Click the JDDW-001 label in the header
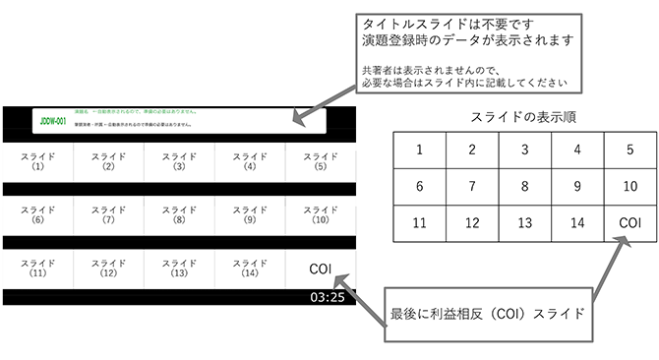click(53, 122)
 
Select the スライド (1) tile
click(37, 161)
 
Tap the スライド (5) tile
click(321, 161)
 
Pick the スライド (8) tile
click(179, 214)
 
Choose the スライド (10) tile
click(321, 214)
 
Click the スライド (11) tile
click(37, 269)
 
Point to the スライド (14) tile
click(250, 269)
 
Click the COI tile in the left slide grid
click(321, 269)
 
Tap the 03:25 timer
click(327, 296)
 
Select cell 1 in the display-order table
click(420, 150)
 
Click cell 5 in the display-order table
click(629, 150)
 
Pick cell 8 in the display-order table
click(524, 186)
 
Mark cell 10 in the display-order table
click(629, 186)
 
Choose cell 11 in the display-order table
click(420, 223)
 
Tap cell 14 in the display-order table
click(576, 223)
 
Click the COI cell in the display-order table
click(629, 223)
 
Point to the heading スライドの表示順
click(525, 116)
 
